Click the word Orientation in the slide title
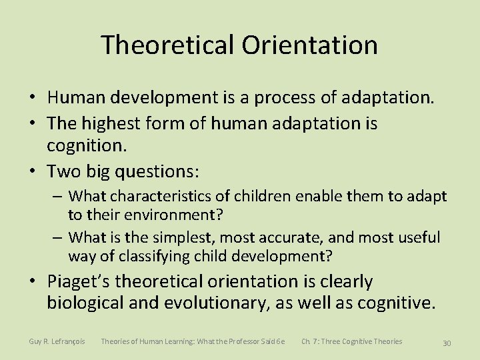310,45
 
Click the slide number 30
447,343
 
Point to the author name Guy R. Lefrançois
57,341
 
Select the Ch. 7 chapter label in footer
310,341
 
